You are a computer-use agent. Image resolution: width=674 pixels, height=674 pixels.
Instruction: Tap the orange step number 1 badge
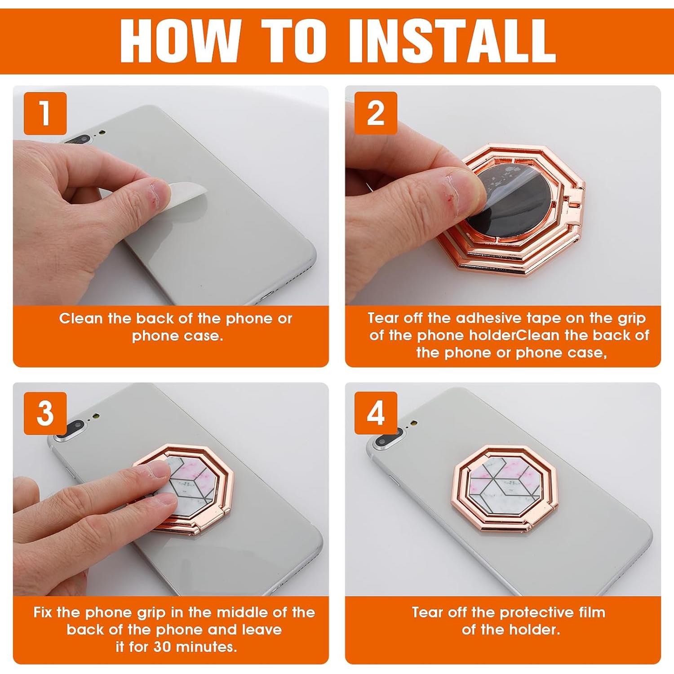click(x=45, y=113)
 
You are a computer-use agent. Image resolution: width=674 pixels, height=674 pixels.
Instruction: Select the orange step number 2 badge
click(x=376, y=113)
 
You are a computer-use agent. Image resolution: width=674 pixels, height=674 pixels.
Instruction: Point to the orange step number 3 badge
click(x=45, y=413)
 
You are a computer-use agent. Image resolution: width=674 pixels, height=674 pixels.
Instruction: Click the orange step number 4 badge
click(x=376, y=412)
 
